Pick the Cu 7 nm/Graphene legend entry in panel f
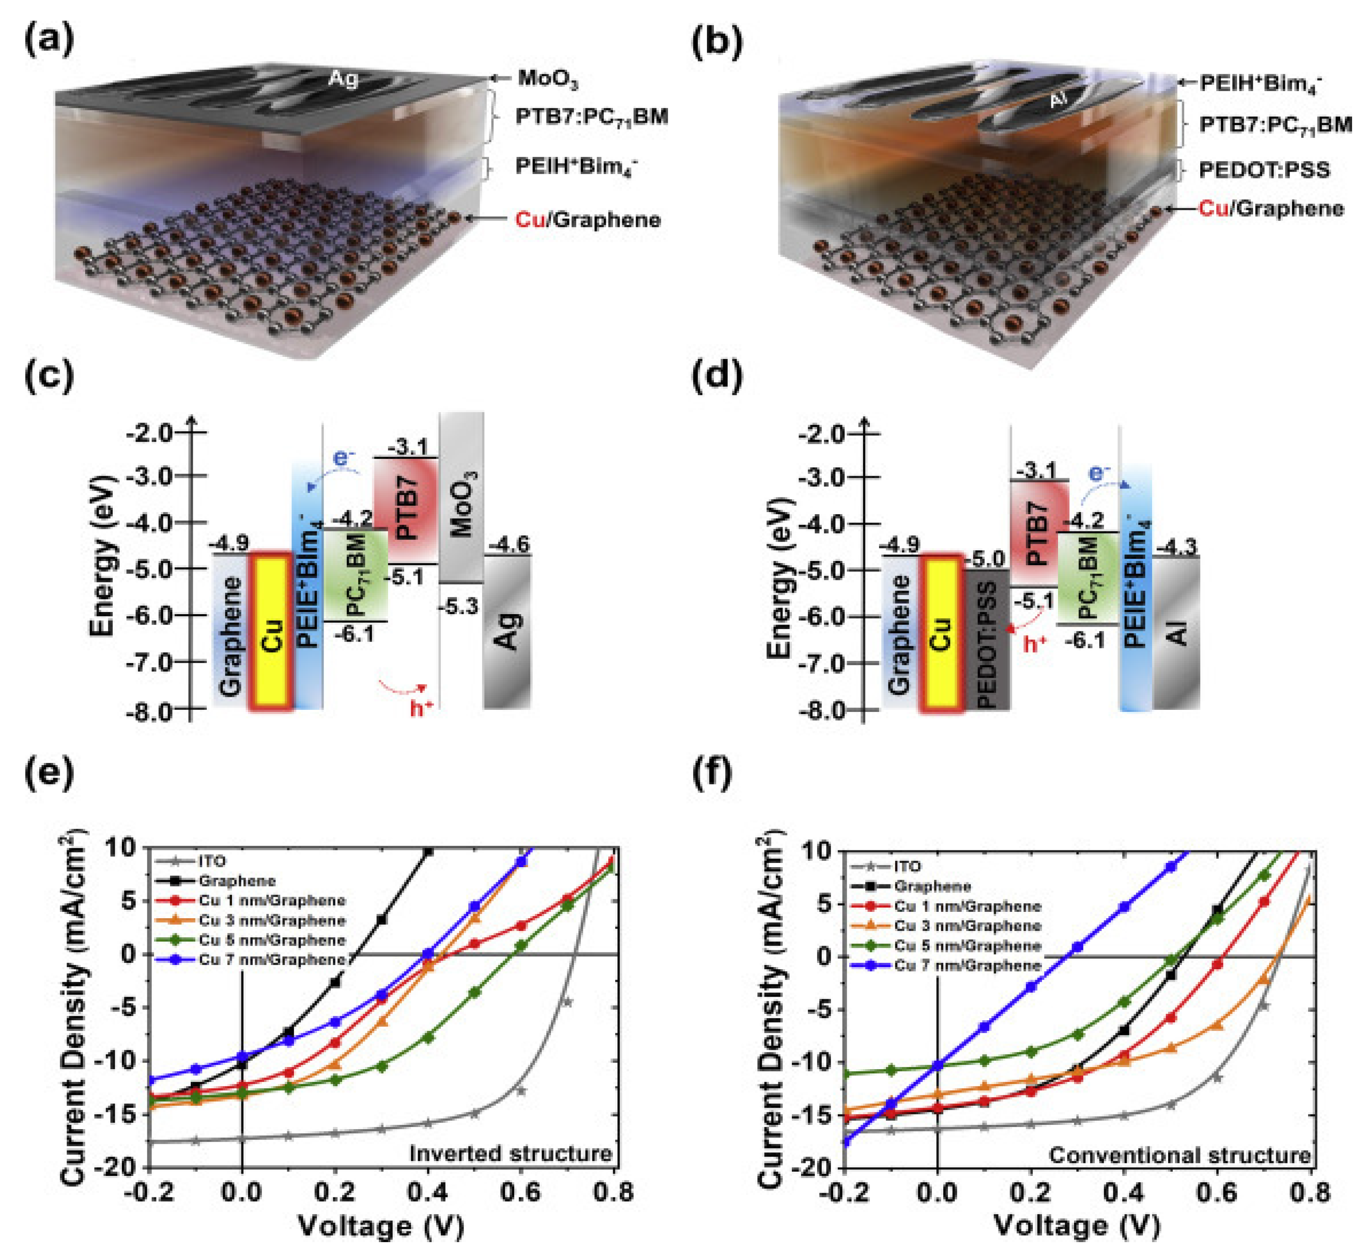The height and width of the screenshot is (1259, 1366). coord(967,965)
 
